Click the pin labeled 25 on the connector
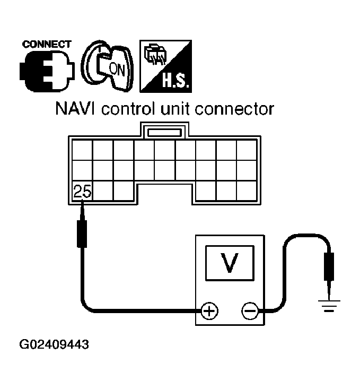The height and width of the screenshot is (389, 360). (x=82, y=191)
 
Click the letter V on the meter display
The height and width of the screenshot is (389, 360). (x=230, y=263)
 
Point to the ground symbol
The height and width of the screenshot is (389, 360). (x=329, y=306)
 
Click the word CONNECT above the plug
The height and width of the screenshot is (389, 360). (x=47, y=44)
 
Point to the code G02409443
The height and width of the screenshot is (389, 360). (x=54, y=345)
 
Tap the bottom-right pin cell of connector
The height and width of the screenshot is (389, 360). (x=247, y=191)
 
